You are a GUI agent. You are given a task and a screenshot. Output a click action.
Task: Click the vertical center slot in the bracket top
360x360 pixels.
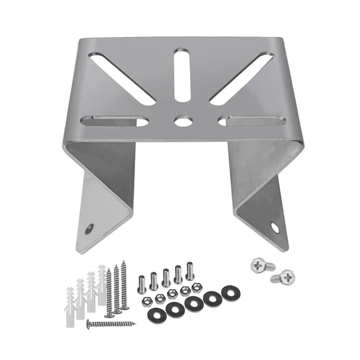click(x=182, y=76)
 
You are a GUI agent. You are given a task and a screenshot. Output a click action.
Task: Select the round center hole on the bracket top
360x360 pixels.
click(x=182, y=121)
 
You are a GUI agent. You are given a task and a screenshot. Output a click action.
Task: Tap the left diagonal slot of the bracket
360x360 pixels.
click(x=122, y=77)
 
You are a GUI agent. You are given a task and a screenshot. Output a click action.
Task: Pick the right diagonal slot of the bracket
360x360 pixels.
click(x=241, y=77)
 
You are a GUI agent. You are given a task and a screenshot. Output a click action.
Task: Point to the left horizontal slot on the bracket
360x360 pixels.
click(x=114, y=121)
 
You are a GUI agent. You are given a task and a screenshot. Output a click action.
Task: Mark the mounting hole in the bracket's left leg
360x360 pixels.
click(x=89, y=229)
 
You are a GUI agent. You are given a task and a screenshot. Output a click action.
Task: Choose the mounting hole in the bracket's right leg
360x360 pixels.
click(x=275, y=227)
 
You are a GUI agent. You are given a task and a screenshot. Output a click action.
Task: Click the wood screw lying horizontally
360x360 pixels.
click(x=111, y=324)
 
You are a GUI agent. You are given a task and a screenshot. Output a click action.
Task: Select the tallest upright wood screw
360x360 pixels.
click(x=124, y=285)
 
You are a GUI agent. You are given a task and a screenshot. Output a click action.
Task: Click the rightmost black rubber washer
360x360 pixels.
click(x=231, y=292)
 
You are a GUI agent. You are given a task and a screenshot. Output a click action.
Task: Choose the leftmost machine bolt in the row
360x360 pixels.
click(x=142, y=284)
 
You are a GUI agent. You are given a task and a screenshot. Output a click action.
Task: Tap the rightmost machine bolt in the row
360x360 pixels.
click(x=190, y=271)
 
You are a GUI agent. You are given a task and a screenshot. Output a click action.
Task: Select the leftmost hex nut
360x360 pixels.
click(x=147, y=301)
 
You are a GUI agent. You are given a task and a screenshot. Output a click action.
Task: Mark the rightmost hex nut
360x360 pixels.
click(x=196, y=287)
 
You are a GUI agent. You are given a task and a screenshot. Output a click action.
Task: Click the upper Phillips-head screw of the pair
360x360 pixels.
click(x=261, y=265)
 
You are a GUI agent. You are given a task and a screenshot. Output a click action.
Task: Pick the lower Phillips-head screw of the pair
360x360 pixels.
click(x=285, y=276)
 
